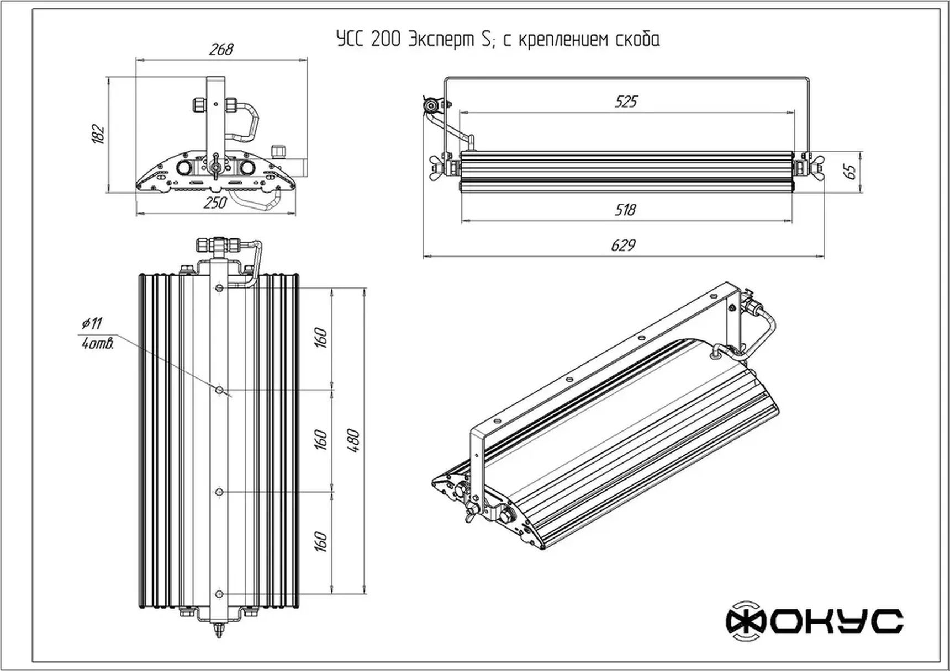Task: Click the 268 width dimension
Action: [x=221, y=50]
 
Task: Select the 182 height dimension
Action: [x=98, y=134]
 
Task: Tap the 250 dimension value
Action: [x=215, y=203]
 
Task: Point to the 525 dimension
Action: [x=626, y=102]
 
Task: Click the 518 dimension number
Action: [x=625, y=210]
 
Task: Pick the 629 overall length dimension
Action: [x=623, y=245]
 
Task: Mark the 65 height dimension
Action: [x=851, y=171]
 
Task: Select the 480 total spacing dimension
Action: [x=354, y=441]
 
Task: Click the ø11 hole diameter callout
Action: [x=92, y=323]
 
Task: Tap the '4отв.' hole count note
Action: [x=98, y=344]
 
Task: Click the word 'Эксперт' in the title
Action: [x=441, y=40]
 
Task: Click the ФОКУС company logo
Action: [x=814, y=621]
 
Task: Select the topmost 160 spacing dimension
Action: [x=321, y=338]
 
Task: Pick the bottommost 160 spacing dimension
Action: [x=321, y=542]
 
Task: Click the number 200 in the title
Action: [x=386, y=40]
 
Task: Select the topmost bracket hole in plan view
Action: [x=219, y=288]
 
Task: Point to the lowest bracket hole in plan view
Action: [x=219, y=594]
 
